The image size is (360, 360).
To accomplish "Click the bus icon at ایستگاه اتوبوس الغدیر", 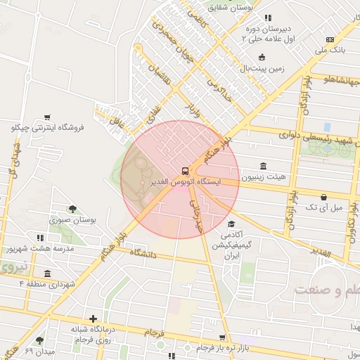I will click(x=184, y=171).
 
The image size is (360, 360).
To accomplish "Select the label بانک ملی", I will click(x=330, y=51).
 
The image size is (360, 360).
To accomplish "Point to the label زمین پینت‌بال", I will click(x=262, y=68).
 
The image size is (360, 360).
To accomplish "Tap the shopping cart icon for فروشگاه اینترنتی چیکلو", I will click(x=47, y=117).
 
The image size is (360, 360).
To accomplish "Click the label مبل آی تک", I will click(x=323, y=208).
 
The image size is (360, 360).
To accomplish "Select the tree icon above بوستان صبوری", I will click(x=72, y=209).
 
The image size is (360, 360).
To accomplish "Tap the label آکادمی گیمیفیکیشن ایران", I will click(x=240, y=245).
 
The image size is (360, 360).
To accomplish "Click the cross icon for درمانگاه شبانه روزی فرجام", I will click(x=93, y=319).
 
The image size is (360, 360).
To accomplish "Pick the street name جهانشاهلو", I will click(x=335, y=79).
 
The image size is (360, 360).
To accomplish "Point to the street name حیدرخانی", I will click(x=196, y=215).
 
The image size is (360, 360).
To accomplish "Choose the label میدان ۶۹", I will click(x=39, y=350).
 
